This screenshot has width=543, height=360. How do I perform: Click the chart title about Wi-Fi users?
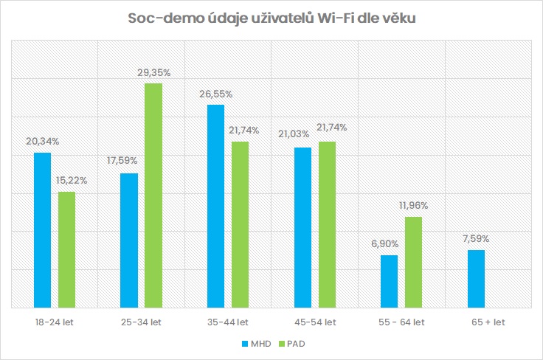coord(271,18)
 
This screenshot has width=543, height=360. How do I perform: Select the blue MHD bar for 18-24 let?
coord(42,229)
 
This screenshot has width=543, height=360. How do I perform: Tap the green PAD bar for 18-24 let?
coord(67,249)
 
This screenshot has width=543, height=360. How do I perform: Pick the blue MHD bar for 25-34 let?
coord(128,240)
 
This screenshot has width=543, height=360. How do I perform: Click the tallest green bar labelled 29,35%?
coord(153,195)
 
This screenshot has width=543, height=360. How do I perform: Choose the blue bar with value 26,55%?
coord(215,206)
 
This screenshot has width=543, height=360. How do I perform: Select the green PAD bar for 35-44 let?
coord(240,224)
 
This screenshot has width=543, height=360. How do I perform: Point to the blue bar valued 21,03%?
coord(302,227)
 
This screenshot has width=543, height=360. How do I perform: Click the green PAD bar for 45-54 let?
coord(327,224)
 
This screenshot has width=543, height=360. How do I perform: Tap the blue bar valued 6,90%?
coord(389,281)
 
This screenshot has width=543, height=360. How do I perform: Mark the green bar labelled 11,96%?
coord(413,262)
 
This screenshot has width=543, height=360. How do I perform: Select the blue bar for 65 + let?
coord(476,278)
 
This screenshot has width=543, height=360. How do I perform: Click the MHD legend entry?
coord(252,343)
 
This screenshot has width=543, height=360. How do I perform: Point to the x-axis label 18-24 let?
coord(55,322)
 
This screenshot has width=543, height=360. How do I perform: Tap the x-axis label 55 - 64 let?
coord(401,322)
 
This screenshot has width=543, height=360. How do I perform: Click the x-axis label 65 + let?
coord(488,322)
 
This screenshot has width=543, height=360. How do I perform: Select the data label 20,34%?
coord(43,141)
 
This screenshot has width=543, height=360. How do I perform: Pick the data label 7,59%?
coord(475,238)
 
